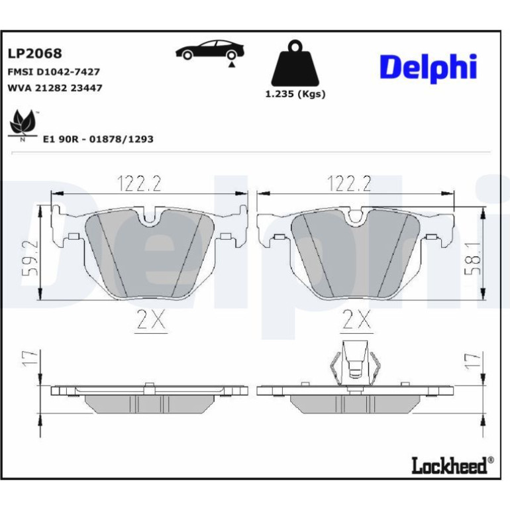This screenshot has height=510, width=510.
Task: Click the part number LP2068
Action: (x=34, y=54)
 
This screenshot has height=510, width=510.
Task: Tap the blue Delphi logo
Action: (x=428, y=68)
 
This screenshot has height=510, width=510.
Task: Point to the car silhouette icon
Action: (x=210, y=50)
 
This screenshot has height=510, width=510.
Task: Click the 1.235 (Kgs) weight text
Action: (x=295, y=94)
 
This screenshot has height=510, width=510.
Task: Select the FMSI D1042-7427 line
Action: (x=54, y=72)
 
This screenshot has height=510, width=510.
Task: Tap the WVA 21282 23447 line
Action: (x=54, y=88)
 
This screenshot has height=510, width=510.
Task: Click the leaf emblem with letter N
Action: (x=23, y=125)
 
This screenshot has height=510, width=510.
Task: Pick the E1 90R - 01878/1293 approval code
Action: (x=98, y=139)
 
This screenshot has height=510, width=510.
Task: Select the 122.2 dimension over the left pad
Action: (x=139, y=183)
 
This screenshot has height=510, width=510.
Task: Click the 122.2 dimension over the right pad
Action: (x=349, y=183)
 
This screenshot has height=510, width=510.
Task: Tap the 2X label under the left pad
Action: (x=151, y=319)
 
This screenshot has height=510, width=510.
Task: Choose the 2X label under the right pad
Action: (x=356, y=319)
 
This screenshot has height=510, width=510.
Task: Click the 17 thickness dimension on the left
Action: (x=30, y=359)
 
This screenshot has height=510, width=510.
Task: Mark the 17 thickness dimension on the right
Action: (x=473, y=360)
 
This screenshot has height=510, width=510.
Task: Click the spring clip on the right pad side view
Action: (x=354, y=364)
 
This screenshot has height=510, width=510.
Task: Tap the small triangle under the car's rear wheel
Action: (x=231, y=65)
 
